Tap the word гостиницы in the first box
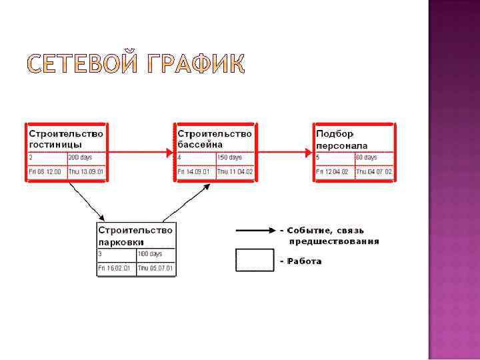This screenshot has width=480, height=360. point(55,144)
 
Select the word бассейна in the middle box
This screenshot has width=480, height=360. point(200,144)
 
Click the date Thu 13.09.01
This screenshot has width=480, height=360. point(87,172)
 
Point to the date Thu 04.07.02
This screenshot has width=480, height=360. point(374,172)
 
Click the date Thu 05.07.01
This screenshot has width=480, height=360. point(155,269)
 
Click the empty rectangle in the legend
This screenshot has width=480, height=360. point(255,260)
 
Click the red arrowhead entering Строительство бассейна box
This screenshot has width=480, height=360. point(169,153)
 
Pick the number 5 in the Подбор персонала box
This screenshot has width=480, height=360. point(319,158)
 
